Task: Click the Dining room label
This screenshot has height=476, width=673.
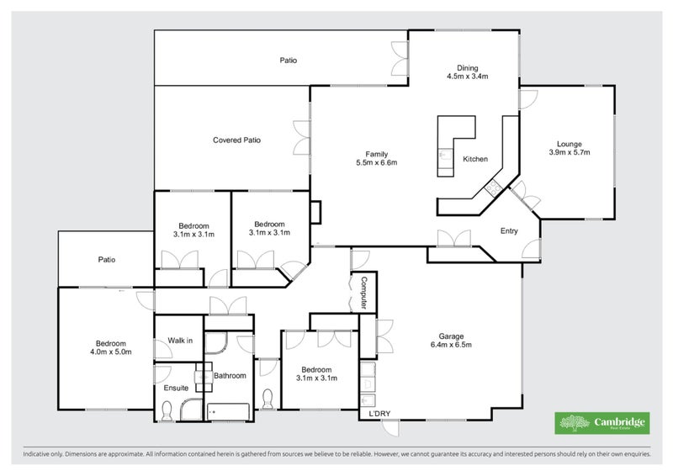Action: click(468, 68)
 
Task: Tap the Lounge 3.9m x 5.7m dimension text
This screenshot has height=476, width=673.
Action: click(570, 152)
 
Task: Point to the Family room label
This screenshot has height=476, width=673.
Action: click(376, 153)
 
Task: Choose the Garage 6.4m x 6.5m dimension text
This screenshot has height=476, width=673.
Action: click(451, 344)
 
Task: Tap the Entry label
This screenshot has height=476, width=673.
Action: click(509, 231)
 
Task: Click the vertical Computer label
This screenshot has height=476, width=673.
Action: click(364, 291)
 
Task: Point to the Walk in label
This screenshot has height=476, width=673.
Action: click(180, 341)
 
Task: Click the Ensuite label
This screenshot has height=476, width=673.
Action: click(177, 388)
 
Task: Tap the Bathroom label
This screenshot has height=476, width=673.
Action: click(230, 375)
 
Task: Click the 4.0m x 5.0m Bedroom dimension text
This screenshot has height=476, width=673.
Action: click(110, 352)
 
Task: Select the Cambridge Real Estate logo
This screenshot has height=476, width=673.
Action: click(601, 423)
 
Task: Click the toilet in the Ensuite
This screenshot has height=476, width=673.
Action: click(167, 411)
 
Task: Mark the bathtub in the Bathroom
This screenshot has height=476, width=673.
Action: click(229, 412)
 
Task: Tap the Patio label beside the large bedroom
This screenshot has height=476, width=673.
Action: click(106, 260)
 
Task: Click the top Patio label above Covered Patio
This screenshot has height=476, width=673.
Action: click(289, 61)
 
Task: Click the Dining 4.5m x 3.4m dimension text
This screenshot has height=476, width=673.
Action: click(468, 77)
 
